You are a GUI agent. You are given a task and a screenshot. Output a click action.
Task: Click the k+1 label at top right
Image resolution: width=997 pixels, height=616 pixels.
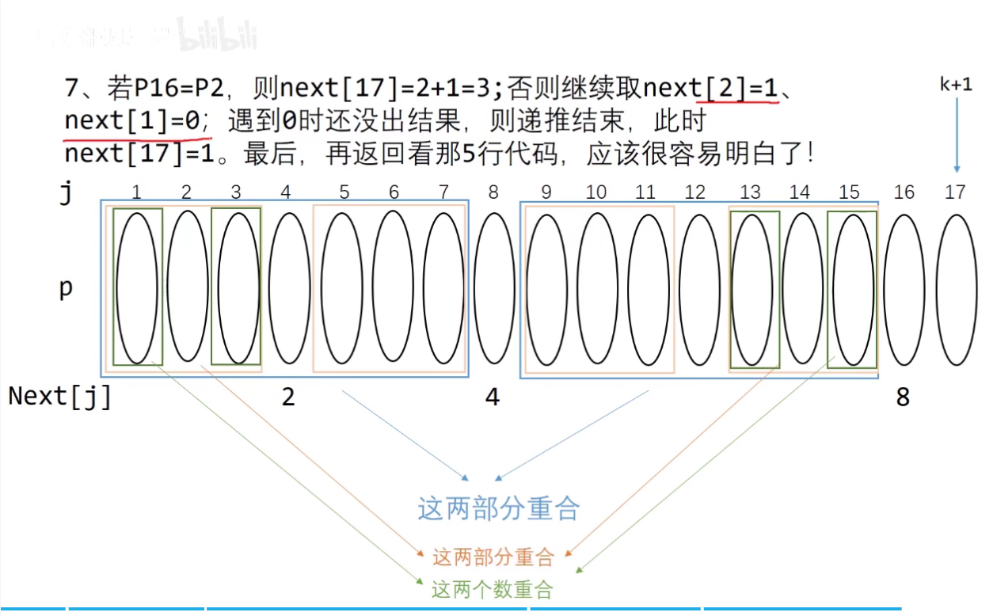click(x=956, y=85)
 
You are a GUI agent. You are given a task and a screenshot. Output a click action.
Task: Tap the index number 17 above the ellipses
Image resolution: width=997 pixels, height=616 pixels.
click(x=955, y=192)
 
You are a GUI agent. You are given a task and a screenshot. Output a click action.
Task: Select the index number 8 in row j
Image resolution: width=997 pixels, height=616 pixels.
click(x=493, y=192)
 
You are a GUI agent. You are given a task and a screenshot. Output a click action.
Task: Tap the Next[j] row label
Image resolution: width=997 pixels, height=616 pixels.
click(x=60, y=396)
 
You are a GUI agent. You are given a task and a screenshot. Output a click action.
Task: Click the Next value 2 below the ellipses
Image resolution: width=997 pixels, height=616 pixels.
click(x=288, y=397)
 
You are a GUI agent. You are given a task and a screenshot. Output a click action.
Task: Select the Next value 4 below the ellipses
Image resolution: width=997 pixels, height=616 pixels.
click(x=493, y=397)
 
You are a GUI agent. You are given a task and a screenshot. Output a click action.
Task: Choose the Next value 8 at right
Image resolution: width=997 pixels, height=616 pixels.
click(x=903, y=397)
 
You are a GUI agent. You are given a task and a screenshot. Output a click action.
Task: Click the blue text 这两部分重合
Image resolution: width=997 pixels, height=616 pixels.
click(x=499, y=508)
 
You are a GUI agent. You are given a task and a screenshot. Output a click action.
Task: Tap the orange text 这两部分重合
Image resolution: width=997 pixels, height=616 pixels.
click(x=493, y=557)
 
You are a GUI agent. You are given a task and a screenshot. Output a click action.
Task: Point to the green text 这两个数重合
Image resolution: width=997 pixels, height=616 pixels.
click(x=492, y=589)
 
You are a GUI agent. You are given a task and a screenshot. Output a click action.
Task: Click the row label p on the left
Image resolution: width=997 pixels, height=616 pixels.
click(x=66, y=287)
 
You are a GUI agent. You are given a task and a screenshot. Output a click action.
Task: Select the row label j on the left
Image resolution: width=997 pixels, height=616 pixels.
click(x=67, y=192)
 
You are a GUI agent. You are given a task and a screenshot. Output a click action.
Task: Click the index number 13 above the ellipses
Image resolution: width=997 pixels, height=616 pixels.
click(x=750, y=192)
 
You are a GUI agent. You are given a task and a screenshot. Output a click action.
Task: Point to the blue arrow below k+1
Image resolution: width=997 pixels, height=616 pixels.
click(x=956, y=135)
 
